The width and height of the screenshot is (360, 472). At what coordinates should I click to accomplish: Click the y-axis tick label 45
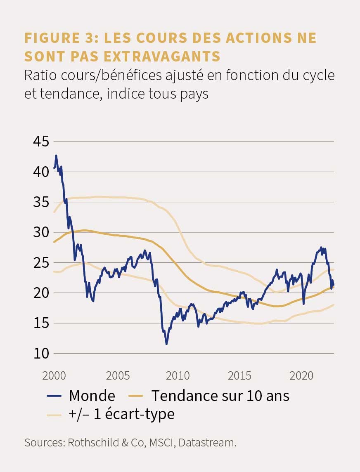[41, 142]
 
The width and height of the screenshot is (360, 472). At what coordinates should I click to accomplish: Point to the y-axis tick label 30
[41, 232]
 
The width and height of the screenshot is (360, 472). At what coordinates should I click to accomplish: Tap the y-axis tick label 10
[41, 354]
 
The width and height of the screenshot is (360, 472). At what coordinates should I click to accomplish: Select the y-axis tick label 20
[41, 293]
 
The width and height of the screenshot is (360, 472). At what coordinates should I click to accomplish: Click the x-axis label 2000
[54, 376]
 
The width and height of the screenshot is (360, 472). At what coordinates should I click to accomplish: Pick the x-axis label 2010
[178, 376]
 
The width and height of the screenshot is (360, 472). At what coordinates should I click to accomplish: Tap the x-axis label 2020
[301, 376]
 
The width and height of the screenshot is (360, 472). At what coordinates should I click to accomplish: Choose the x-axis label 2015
[239, 376]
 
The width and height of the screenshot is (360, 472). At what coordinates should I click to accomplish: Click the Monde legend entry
[81, 396]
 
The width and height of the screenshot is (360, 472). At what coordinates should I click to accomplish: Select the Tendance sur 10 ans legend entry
[209, 396]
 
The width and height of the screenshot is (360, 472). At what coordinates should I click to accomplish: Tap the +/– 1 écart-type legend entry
[111, 414]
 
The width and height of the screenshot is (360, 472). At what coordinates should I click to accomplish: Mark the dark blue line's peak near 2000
[56, 155]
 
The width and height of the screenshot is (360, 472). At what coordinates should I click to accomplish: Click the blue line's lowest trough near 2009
[167, 344]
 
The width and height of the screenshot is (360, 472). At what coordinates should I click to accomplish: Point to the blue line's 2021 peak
[321, 248]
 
